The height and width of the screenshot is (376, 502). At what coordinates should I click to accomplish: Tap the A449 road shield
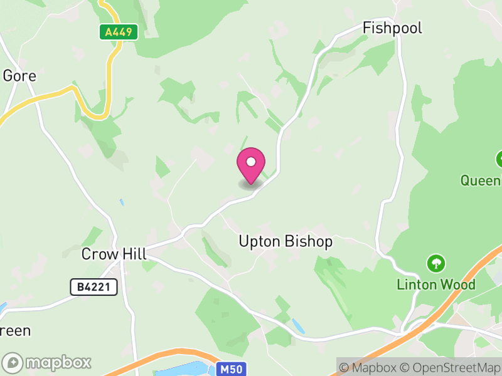coord(118,32)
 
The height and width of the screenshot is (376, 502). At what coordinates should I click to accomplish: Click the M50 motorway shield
coord(231,370)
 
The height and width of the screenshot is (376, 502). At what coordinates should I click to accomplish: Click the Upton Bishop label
coord(286,241)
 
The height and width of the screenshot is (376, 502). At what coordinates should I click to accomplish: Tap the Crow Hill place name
coord(114,254)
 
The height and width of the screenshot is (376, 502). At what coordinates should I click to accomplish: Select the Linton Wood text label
coord(436,284)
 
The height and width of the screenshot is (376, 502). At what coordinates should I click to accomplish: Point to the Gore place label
coord(19,76)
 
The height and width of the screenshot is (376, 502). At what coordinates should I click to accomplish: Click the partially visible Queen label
coord(481,180)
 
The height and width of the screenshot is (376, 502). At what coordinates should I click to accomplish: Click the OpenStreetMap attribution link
coord(453,367)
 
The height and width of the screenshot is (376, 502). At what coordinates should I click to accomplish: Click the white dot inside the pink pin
coord(251,162)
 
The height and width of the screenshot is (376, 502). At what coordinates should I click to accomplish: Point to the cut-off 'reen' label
coord(15,330)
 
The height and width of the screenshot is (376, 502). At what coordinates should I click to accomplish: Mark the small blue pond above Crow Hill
coord(122,203)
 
